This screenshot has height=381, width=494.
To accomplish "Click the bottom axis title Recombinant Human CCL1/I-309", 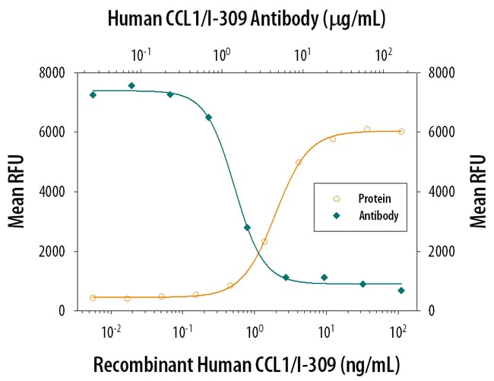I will [246, 364].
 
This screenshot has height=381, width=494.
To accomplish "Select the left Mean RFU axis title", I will [16, 191].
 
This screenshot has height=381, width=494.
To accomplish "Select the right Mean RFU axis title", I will [477, 191].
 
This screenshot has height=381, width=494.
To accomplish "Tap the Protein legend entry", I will [368, 199].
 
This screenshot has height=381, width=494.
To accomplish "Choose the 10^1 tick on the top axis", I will [302, 55].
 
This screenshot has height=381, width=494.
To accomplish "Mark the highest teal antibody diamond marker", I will [131, 86].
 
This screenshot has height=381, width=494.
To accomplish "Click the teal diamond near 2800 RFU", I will [247, 227].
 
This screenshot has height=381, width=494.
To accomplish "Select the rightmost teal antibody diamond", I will [401, 291].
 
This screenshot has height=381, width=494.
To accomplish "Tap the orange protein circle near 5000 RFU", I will [299, 163].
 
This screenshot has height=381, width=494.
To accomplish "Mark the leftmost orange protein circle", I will [93, 297].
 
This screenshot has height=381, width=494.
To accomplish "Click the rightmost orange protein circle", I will [401, 132].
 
